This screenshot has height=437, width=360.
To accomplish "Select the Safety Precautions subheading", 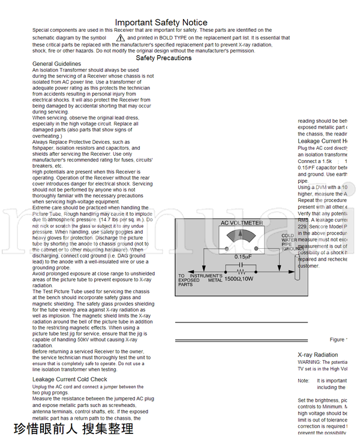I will point(164,58).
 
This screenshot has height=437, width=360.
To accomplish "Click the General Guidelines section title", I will point(56,64).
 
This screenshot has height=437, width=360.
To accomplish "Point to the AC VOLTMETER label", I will point(242,223).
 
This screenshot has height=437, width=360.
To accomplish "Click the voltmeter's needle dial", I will point(242,236).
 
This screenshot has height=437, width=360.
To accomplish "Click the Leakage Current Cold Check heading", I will point(70,379).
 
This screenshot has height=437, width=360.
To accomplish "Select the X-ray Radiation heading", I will point(317,355).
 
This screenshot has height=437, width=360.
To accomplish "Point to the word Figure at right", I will point(338,340).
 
